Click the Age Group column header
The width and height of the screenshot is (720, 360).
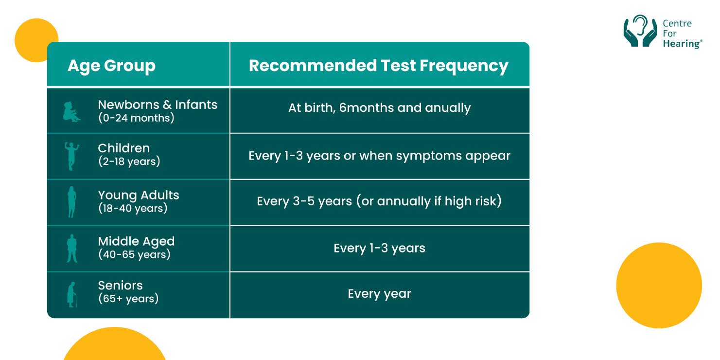(111, 66)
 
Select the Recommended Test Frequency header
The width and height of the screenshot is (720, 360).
(379, 66)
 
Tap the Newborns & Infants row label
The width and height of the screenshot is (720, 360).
(158, 105)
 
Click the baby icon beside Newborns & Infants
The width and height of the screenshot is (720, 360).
(71, 111)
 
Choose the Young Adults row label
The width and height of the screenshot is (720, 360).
(139, 196)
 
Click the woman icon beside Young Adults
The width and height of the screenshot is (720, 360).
(72, 202)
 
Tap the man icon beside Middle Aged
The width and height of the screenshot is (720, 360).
(72, 248)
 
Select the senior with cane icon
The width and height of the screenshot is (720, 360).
(72, 294)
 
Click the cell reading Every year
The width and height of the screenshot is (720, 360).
(379, 294)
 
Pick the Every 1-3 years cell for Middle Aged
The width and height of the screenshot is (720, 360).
(379, 248)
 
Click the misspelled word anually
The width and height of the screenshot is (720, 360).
(448, 108)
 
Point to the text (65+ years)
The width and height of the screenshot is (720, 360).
(128, 299)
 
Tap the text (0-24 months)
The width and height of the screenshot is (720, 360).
(136, 118)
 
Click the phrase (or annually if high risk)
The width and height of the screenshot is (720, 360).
(428, 201)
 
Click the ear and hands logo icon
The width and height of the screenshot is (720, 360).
(640, 31)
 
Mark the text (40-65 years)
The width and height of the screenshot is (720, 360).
(134, 254)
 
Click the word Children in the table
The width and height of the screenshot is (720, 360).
(124, 148)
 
